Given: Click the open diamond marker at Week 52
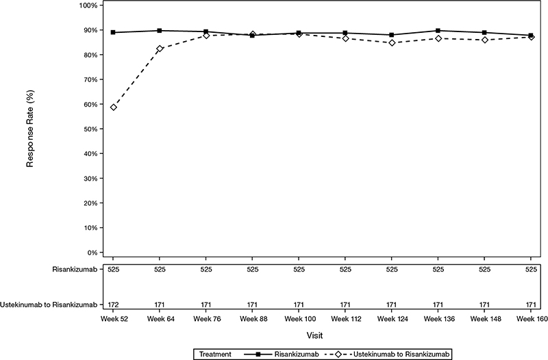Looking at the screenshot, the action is pos(113,107).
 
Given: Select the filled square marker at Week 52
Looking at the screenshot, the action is pos(113,32).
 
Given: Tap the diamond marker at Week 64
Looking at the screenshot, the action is pos(160,49).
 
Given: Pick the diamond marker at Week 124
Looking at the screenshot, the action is pos(392,43).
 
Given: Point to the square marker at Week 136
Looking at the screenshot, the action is pos(438,31).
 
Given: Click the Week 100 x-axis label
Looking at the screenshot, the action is pos(300,319).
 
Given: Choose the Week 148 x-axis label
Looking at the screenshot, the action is pos(486,319).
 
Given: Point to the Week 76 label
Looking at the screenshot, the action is pos(208,319).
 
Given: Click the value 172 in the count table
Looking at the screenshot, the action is pos(113,305).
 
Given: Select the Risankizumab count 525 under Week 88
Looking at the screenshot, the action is pos(253,270).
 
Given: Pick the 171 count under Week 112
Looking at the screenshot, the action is pos(345,305).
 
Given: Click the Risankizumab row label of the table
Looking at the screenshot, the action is pos(75,270).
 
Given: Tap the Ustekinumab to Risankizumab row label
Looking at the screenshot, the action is pos(49,305).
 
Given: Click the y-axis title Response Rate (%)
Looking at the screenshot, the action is pos(30,129).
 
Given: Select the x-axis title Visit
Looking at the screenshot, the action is pos(315,335).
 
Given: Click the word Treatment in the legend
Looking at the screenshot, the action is pos(215,354).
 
